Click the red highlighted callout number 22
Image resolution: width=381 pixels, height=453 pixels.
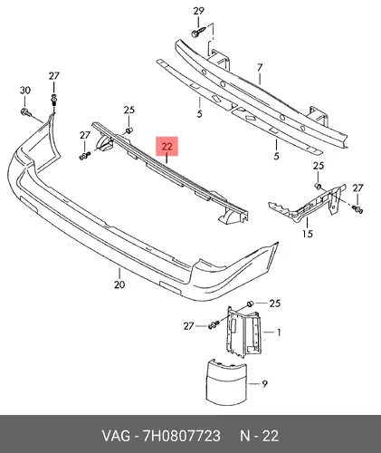[x=167, y=147]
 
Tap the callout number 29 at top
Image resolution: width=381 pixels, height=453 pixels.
[x=198, y=11]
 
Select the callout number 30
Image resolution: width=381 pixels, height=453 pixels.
[x=25, y=90]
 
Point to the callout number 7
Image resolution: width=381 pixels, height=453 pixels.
[x=260, y=67]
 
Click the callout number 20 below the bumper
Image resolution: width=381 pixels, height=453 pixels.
[x=119, y=284]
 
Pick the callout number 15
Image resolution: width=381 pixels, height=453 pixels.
[x=308, y=234]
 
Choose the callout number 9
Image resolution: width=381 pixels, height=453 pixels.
[x=264, y=384]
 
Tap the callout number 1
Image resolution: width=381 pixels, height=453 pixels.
[x=279, y=333]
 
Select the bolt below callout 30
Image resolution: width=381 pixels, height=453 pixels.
[x=26, y=112]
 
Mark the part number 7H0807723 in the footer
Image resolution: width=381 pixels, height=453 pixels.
[x=181, y=436]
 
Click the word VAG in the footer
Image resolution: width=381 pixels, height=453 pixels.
[x=116, y=436]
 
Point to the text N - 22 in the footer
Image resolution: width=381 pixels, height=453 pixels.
[x=259, y=436]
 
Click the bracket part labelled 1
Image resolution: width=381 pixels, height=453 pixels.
[x=243, y=333]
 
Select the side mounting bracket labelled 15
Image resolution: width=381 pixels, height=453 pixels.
[x=308, y=202]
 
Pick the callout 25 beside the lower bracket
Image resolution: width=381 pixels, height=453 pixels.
[x=274, y=303]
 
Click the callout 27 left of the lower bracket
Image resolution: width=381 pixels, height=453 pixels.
[x=188, y=326]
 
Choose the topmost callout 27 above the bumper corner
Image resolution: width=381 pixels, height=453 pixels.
[x=54, y=76]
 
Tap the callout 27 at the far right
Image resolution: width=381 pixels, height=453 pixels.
[x=357, y=188]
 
